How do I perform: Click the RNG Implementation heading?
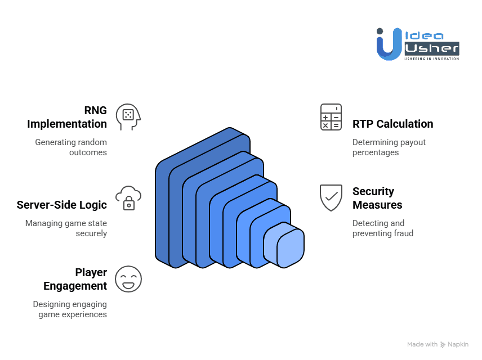[x=67, y=117]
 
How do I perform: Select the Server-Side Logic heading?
[x=62, y=205]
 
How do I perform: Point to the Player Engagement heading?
[x=75, y=279]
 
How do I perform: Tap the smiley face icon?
[x=128, y=279]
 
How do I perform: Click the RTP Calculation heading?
[x=392, y=124]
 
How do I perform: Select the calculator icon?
[x=331, y=117]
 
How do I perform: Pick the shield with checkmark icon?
[x=331, y=197]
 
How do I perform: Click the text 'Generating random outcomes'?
[x=71, y=147]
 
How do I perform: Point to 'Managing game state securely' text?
[x=66, y=228]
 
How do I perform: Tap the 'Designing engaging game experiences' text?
[x=70, y=309]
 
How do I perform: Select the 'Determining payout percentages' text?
[x=389, y=147]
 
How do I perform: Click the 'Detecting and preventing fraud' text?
[x=383, y=228]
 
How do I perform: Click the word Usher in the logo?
[x=431, y=48]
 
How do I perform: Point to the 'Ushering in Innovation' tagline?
[x=432, y=58]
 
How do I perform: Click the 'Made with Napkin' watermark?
[x=438, y=344]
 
